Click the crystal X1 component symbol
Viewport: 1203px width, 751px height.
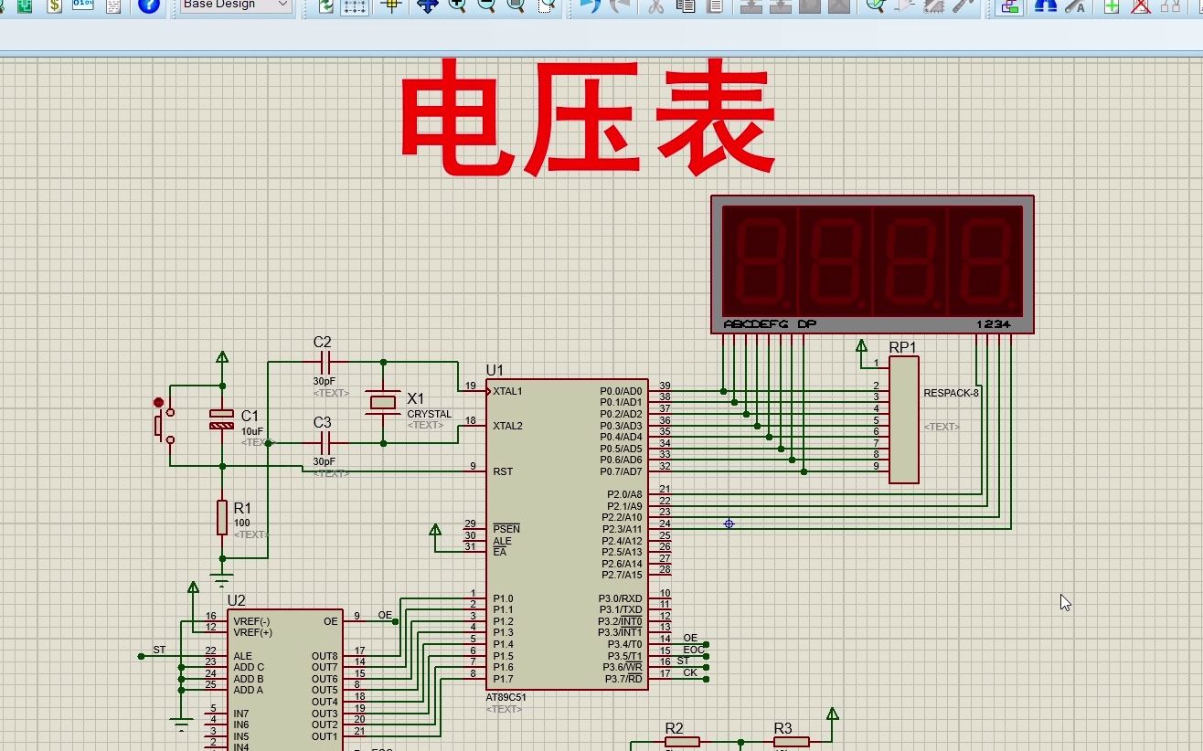pos(383,402)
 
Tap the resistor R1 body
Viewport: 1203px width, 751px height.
pos(222,517)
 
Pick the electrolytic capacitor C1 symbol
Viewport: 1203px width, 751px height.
pos(222,419)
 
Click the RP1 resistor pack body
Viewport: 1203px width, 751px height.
pos(903,419)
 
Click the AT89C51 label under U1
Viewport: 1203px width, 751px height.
pos(506,697)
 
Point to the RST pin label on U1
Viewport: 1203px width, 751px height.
pos(503,471)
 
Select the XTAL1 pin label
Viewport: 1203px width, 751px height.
pos(507,391)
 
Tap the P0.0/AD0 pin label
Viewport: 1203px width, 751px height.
pos(621,391)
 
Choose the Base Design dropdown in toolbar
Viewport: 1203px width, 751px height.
pos(235,5)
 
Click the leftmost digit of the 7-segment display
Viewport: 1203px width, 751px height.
pos(760,261)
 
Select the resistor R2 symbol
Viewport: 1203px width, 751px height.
pos(681,742)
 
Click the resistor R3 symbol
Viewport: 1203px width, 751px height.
pos(791,742)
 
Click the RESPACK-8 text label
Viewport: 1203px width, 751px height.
pos(951,393)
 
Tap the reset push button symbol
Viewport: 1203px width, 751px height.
pos(161,425)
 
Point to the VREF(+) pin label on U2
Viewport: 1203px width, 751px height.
pos(252,632)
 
